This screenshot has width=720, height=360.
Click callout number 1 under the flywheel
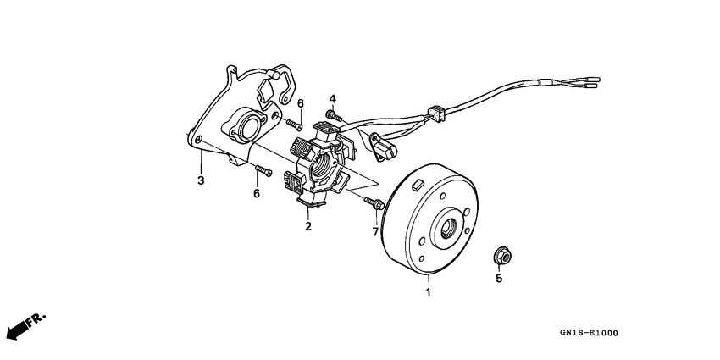click(429, 292)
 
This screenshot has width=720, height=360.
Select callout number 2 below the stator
click(308, 226)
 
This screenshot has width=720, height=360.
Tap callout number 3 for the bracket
click(201, 180)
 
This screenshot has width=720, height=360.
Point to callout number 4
click(333, 98)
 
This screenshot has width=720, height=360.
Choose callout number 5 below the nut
click(499, 278)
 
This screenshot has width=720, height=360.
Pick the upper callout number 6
click(300, 103)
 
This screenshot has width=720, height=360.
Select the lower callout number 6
click(256, 194)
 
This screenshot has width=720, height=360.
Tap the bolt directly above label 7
click(374, 202)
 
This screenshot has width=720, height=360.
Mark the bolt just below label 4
click(332, 114)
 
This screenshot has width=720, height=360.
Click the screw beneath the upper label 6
click(297, 125)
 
